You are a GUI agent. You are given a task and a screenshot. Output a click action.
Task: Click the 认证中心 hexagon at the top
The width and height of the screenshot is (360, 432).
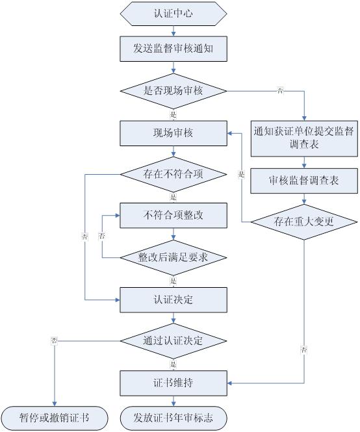(174, 14)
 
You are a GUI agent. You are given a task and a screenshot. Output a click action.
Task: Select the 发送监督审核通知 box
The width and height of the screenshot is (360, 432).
(174, 49)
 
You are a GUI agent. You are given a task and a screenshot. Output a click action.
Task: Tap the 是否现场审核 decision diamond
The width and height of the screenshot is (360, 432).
(174, 91)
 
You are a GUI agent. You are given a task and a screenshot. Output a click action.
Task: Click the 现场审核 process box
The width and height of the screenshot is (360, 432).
(174, 133)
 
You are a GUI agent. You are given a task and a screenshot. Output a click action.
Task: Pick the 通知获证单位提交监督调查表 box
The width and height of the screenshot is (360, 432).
(304, 138)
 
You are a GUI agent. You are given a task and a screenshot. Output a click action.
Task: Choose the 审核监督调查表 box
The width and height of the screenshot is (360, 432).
(304, 181)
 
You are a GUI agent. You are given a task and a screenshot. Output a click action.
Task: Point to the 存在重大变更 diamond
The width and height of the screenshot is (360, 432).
(304, 222)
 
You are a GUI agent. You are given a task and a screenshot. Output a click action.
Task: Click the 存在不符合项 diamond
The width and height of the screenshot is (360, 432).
(174, 174)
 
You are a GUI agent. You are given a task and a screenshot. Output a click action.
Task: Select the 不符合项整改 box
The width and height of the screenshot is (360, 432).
(174, 216)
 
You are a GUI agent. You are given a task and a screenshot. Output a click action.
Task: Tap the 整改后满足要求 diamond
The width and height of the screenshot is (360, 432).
(174, 258)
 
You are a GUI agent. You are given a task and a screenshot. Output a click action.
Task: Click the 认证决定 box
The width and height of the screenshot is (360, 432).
(174, 299)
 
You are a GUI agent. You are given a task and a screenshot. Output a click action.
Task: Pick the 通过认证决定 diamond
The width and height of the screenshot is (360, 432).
(174, 341)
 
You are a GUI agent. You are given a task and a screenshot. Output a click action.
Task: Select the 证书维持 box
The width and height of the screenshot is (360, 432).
(174, 383)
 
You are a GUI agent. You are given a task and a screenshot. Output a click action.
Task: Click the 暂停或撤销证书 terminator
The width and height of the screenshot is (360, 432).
(55, 418)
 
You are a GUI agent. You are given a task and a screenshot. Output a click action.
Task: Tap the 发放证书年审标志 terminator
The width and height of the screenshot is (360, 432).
(174, 418)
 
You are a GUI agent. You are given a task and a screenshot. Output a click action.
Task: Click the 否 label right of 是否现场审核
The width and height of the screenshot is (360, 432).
(280, 90)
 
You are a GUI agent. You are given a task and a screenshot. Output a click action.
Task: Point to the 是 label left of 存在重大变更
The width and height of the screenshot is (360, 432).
(242, 174)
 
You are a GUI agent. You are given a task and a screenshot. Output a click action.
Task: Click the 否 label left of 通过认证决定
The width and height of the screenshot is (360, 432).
(55, 341)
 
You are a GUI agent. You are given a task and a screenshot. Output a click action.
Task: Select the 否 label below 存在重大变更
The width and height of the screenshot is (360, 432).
(303, 350)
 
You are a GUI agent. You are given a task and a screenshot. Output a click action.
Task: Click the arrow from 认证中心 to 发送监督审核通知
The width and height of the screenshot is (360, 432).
(174, 31)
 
